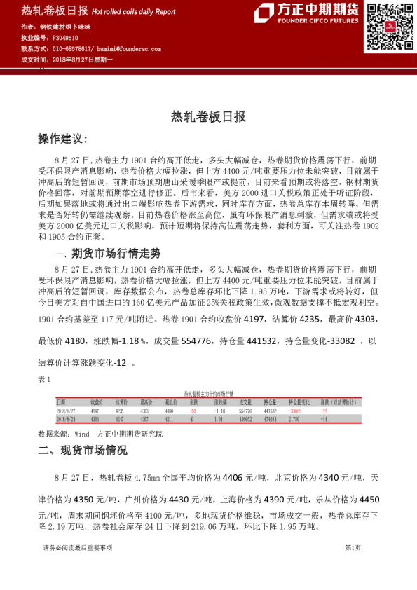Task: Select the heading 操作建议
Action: pos(62,139)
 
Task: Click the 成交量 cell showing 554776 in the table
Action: pos(245,411)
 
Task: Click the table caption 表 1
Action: pos(44,379)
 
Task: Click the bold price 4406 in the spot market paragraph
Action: pos(232,478)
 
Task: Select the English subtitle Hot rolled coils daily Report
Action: pos(134,12)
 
